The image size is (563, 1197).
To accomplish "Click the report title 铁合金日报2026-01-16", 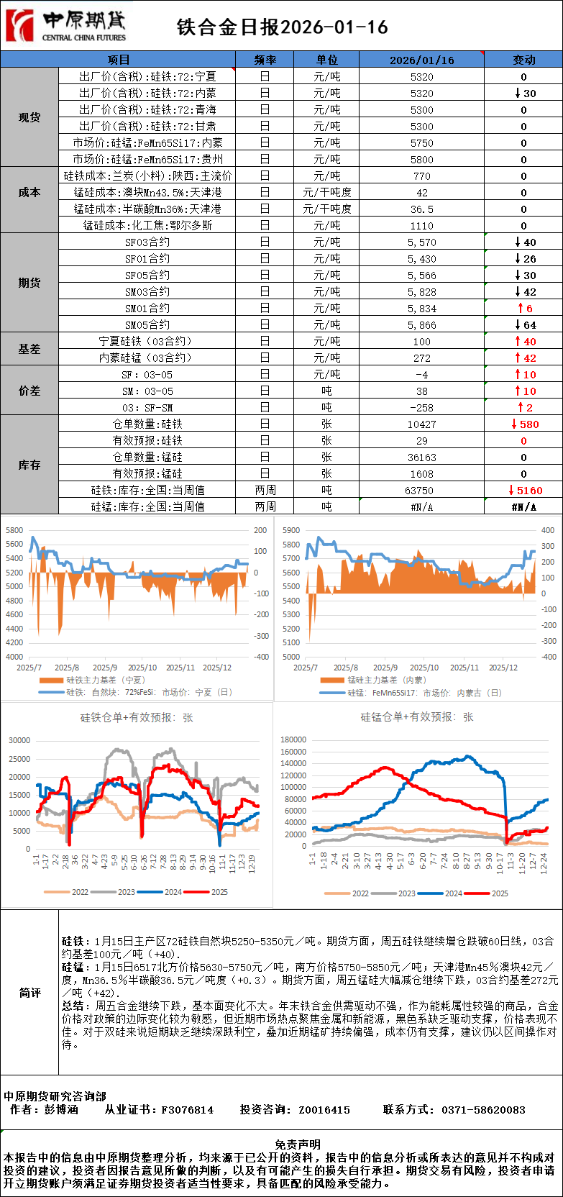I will (x=282, y=27).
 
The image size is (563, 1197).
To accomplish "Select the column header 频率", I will (x=265, y=60).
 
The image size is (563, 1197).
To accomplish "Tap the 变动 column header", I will (x=523, y=60).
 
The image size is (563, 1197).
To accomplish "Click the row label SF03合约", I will (x=147, y=242).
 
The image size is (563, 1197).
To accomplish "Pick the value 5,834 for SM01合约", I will (x=421, y=309).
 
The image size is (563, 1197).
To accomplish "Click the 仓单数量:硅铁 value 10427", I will (x=421, y=424).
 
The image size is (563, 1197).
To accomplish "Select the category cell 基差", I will (x=29, y=349).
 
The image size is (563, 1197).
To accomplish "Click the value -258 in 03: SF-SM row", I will (x=421, y=408).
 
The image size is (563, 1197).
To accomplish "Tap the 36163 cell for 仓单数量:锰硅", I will (x=421, y=458).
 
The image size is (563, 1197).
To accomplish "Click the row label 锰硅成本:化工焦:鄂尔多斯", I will (x=147, y=226).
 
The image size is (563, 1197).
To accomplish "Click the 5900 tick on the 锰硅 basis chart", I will (x=291, y=530).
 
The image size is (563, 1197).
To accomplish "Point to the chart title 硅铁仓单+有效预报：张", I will (x=137, y=717).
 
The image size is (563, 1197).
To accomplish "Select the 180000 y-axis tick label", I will (x=293, y=739).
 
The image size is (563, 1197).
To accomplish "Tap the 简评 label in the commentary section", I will (x=29, y=993).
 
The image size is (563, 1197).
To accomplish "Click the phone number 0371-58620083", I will (x=483, y=1110).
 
